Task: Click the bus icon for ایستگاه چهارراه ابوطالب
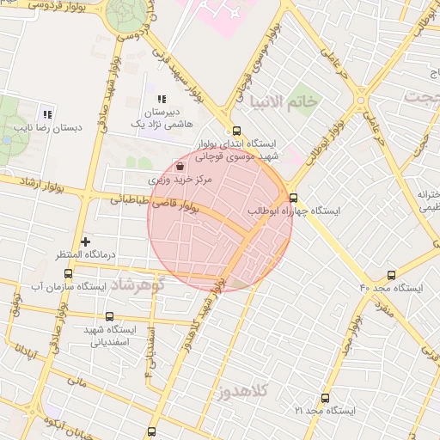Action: (x=294, y=196)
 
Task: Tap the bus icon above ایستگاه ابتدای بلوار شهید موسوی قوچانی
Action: (x=226, y=130)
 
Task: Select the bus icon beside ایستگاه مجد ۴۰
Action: (x=392, y=275)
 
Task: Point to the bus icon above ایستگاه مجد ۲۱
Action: (x=325, y=398)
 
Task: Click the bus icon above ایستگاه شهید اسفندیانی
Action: (x=108, y=316)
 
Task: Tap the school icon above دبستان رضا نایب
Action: (x=47, y=114)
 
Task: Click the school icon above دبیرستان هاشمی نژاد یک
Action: (x=162, y=100)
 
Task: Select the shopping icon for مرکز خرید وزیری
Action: (x=180, y=167)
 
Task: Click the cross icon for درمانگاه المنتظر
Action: (x=85, y=242)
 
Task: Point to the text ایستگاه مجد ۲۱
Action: (x=324, y=412)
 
